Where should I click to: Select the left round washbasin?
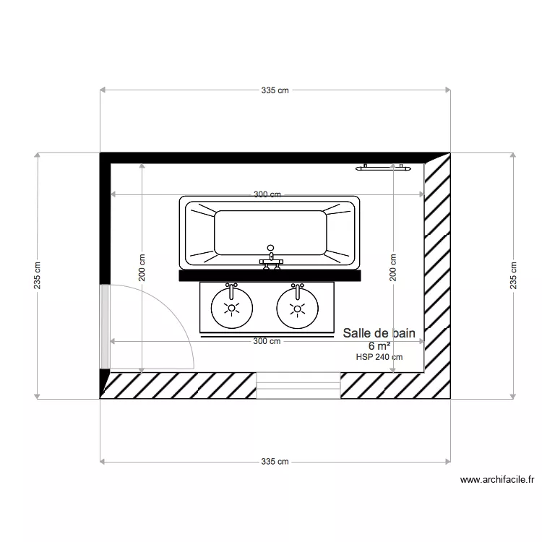point(231,308)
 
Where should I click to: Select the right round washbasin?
point(296,308)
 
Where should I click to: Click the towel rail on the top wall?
point(383,168)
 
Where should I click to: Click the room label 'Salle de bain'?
point(379,333)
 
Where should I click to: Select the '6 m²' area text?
point(379,345)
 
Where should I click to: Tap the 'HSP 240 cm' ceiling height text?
point(379,356)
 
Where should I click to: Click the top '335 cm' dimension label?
point(275,90)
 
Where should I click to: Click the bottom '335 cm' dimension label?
point(275,461)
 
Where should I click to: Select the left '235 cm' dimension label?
point(37,275)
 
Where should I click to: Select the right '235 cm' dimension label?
point(514,275)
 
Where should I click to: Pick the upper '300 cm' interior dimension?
point(267,194)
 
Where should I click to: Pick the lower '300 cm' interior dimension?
point(267,341)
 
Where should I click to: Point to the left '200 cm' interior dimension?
point(142,267)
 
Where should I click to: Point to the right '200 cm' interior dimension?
point(393,267)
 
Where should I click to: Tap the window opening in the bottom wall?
point(298,385)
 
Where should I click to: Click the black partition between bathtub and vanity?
point(270,275)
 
